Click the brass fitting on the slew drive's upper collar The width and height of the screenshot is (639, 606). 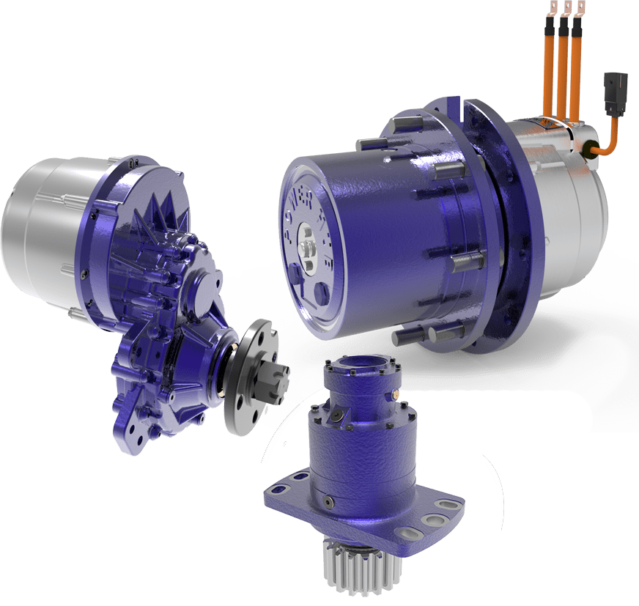click(395, 395)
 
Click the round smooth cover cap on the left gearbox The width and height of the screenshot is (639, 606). click(205, 282)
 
